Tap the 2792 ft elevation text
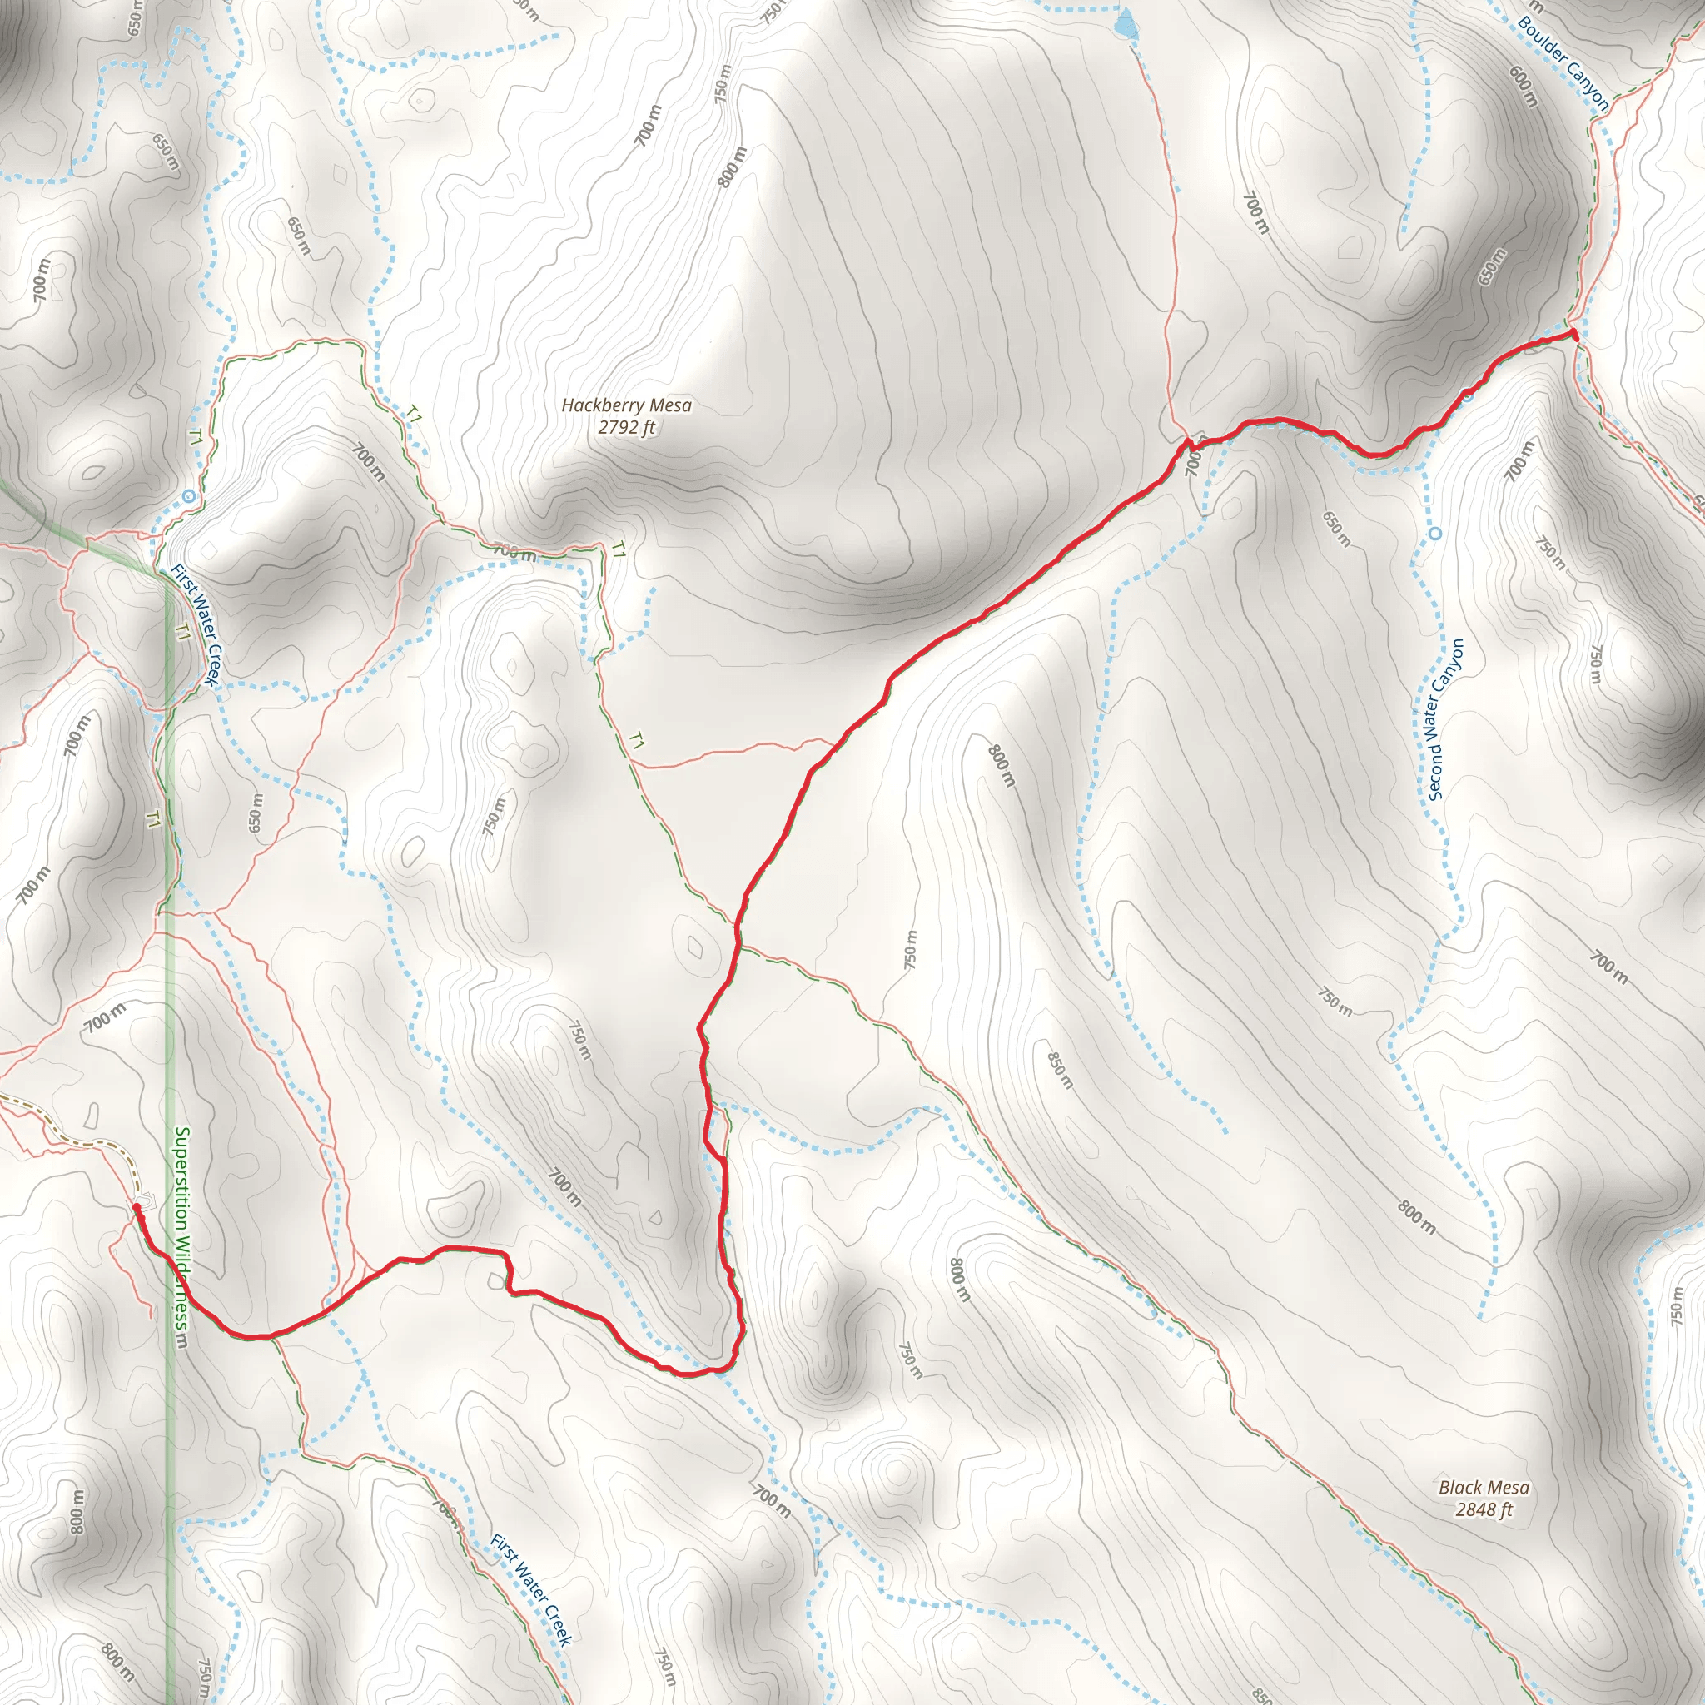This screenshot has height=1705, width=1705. coord(627,428)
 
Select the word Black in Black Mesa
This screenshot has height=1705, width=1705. coord(1459,1488)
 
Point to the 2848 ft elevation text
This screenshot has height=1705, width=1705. coord(1484,1510)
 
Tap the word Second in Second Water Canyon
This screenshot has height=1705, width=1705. coord(1435,768)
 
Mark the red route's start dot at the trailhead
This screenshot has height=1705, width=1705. coord(137,1206)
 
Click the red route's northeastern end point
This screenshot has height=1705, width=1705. coord(1573,334)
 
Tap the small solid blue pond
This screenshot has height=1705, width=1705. coord(1126,24)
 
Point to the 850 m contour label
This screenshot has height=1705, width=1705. coord(1060,1070)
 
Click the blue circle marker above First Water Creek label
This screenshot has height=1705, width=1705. coord(189,497)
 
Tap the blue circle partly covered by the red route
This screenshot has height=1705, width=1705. coord(1468,395)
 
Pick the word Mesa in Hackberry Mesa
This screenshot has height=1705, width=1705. coord(672,406)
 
